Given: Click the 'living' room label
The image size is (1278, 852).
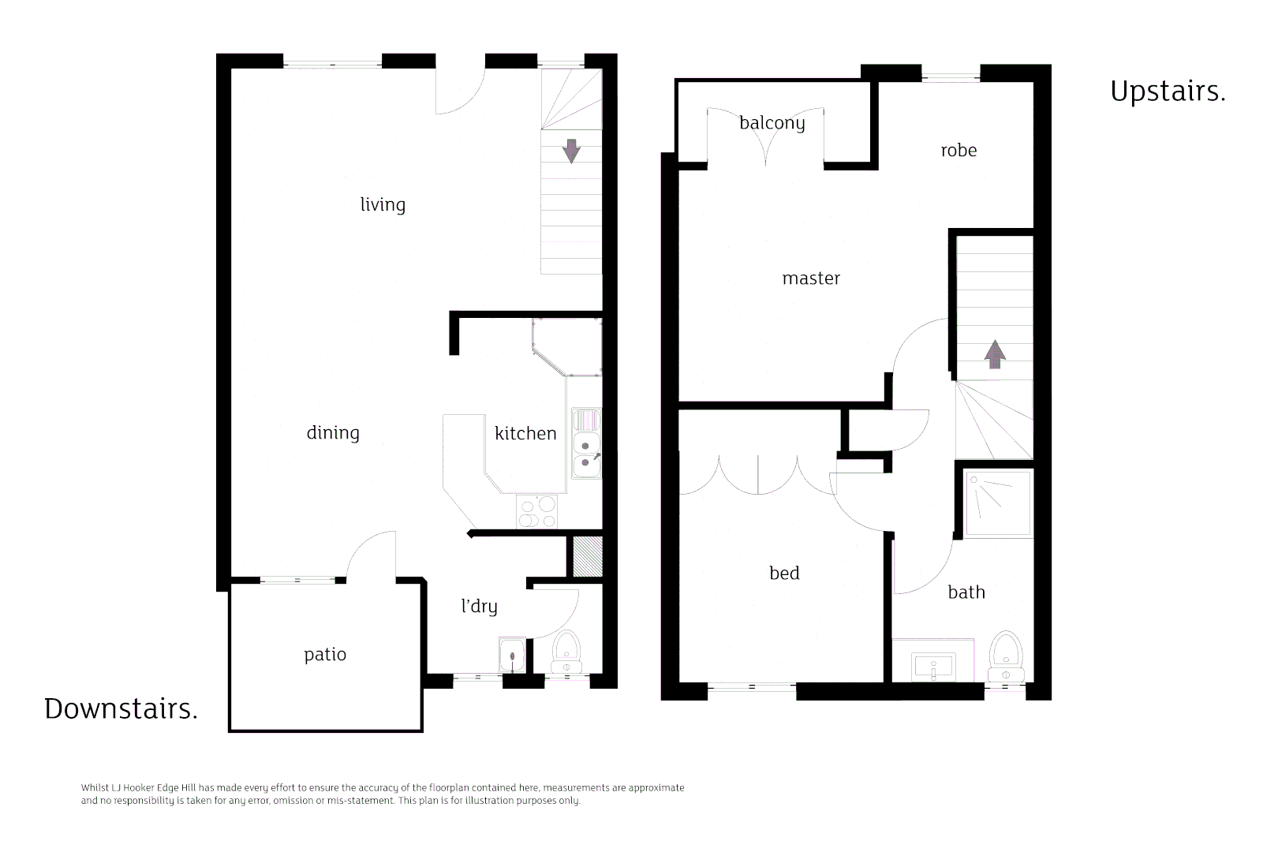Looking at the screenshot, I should click(x=383, y=204).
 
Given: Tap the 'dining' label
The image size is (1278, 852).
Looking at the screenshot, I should click(x=333, y=432).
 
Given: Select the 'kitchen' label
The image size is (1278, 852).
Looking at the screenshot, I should click(x=525, y=433).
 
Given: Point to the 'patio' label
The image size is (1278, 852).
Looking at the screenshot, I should click(x=325, y=654).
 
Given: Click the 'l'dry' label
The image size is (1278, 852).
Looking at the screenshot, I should click(x=479, y=606).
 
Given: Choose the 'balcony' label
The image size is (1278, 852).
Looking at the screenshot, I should click(x=772, y=123).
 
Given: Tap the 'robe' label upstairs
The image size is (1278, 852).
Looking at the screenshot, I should click(x=958, y=150).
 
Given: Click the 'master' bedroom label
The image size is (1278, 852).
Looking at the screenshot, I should click(x=811, y=278).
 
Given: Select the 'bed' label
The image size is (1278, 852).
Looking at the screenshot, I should click(x=784, y=573).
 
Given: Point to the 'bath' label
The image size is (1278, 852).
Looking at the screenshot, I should click(x=966, y=592).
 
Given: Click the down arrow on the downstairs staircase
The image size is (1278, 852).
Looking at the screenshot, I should click(x=571, y=151).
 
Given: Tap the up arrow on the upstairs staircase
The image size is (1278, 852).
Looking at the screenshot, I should click(x=995, y=354).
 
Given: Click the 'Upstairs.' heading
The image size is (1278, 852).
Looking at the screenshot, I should click(x=1168, y=91).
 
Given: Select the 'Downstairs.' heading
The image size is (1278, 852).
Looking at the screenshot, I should click(x=121, y=708).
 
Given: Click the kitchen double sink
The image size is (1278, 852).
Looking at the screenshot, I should click(x=585, y=453).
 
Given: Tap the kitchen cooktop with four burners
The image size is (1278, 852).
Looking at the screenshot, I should click(x=537, y=512).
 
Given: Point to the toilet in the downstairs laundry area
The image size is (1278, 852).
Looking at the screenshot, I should click(x=566, y=652).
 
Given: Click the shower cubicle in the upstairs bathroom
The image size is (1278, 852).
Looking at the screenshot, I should click(x=998, y=503).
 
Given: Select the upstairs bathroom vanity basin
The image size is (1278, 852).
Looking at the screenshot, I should click(x=933, y=667).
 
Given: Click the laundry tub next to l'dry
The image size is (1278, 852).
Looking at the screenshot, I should click(x=512, y=655).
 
